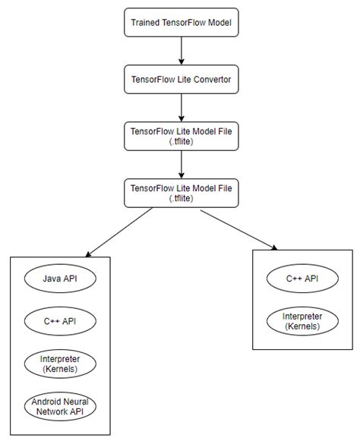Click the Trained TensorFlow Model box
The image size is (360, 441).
(x=181, y=22)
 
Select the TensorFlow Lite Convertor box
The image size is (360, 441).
(x=181, y=78)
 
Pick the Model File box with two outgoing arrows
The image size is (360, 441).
(x=181, y=192)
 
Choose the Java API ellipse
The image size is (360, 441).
(x=61, y=279)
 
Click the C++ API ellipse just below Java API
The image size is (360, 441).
(x=61, y=321)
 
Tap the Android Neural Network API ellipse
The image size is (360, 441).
(x=61, y=405)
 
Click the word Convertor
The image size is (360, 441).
(x=210, y=78)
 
